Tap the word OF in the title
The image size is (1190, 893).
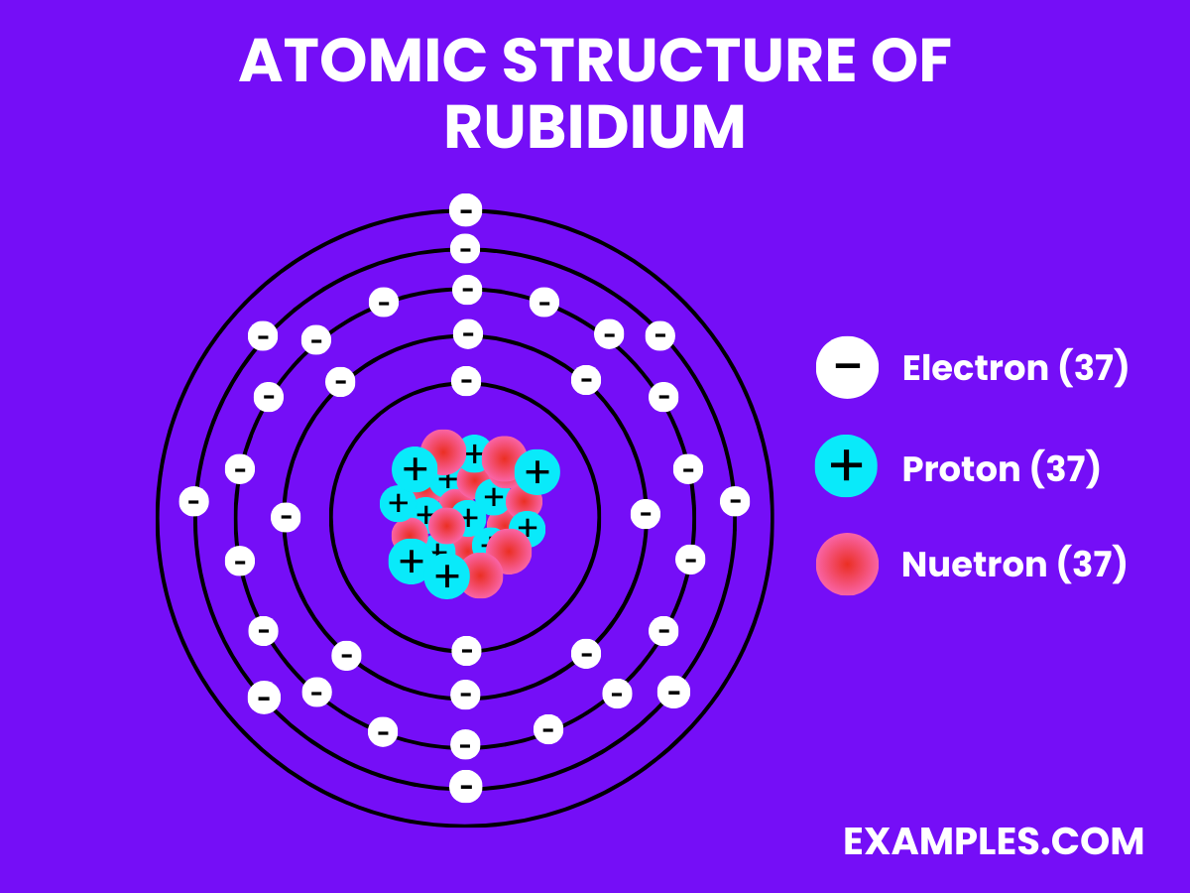910,63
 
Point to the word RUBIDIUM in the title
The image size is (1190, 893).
594,128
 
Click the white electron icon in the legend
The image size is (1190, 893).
847,367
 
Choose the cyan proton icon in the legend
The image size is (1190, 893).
847,465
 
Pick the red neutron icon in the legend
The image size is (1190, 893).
847,564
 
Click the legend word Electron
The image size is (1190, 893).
975,368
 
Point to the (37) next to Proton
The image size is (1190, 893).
1065,468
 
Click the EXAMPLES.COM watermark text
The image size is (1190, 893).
994,841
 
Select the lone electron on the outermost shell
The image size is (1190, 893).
465,210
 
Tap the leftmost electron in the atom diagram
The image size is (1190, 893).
194,501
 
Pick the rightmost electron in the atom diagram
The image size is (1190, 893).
735,501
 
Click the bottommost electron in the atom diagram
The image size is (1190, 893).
465,787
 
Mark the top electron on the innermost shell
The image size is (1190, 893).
465,380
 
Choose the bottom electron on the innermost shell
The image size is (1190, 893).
465,651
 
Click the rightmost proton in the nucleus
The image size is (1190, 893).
536,471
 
